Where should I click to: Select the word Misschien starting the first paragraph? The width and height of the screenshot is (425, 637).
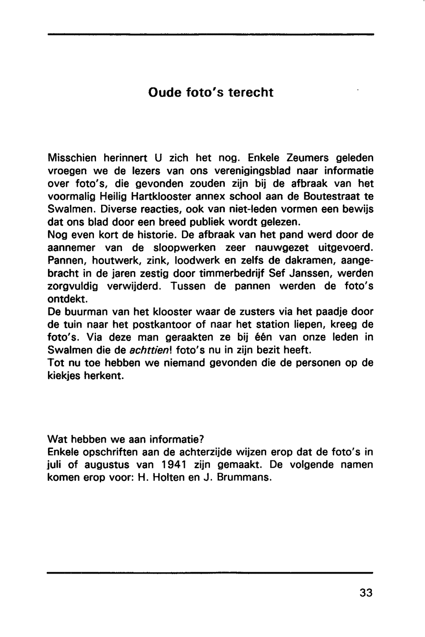[x=73, y=158]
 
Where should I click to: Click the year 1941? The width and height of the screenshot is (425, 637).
[x=176, y=464]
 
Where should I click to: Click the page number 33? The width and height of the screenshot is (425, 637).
[x=365, y=592]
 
